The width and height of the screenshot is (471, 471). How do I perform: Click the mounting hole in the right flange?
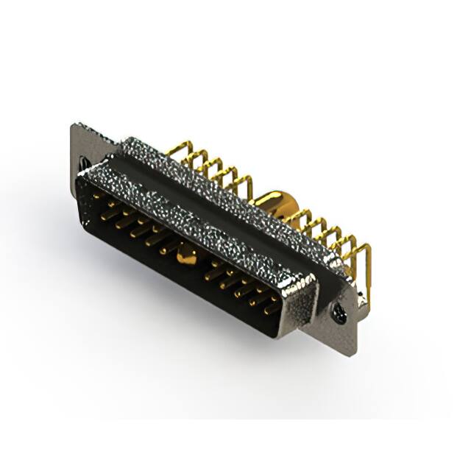coord(339,315)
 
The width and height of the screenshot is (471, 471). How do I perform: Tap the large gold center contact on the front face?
coord(187,256)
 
